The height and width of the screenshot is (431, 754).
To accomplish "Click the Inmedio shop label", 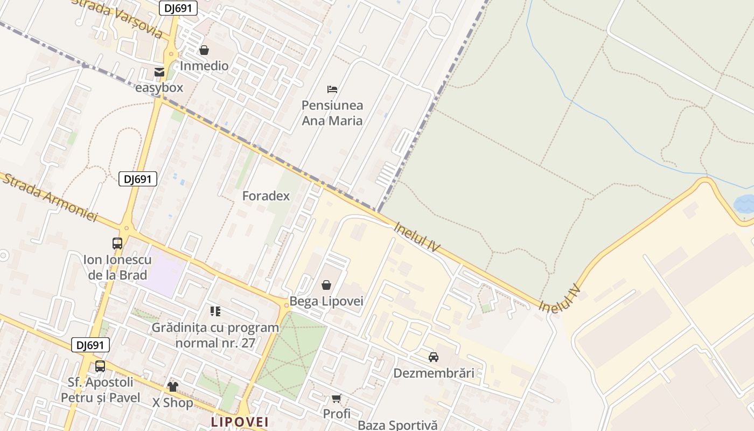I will pyautogui.click(x=204, y=66).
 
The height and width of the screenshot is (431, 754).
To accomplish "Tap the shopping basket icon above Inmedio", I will pyautogui.click(x=204, y=50).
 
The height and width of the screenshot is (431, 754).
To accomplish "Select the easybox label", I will pyautogui.click(x=159, y=87).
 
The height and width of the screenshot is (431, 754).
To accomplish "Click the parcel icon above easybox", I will pyautogui.click(x=159, y=72).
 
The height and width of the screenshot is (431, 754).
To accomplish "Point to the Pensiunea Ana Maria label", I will pyautogui.click(x=332, y=113).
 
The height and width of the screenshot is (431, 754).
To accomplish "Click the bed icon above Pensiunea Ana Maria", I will pyautogui.click(x=332, y=89).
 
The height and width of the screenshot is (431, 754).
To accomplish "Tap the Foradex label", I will pyautogui.click(x=266, y=196).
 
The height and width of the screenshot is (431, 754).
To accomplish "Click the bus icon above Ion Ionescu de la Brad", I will pyautogui.click(x=117, y=244).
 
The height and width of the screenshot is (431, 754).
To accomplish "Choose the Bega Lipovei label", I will pyautogui.click(x=326, y=301).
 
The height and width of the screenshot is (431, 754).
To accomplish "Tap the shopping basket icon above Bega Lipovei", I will pyautogui.click(x=326, y=285).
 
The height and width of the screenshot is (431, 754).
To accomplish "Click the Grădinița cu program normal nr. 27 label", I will pyautogui.click(x=215, y=335).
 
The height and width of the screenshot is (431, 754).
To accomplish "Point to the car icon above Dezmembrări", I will pyautogui.click(x=434, y=357).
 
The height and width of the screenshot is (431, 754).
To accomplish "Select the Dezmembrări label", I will pyautogui.click(x=434, y=373).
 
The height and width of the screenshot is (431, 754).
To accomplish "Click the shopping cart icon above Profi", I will pyautogui.click(x=337, y=399).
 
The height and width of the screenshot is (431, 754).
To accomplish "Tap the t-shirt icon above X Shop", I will pyautogui.click(x=173, y=386).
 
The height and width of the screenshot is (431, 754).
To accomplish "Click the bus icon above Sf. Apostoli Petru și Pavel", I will pyautogui.click(x=100, y=366).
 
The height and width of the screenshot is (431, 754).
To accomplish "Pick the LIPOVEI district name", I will pyautogui.click(x=240, y=421).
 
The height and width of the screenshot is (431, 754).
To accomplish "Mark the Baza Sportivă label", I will pyautogui.click(x=397, y=425).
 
